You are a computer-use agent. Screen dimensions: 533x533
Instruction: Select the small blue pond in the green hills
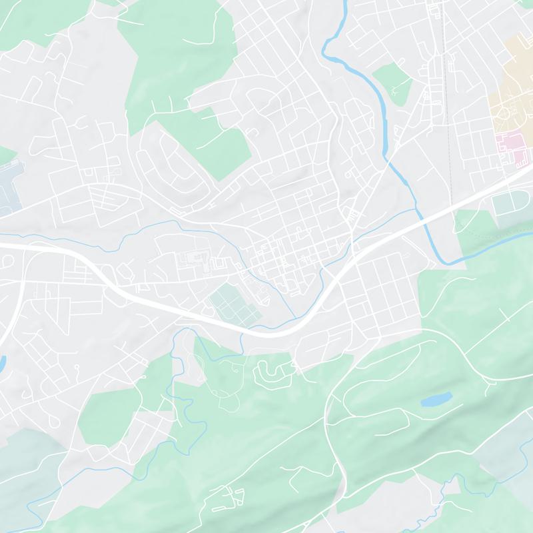tap(436, 400)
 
